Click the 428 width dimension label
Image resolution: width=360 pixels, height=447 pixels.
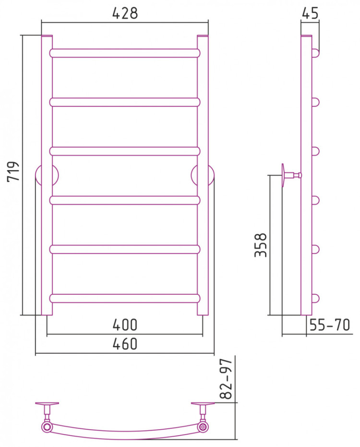(x=125, y=13)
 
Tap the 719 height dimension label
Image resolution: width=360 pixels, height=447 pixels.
(x=13, y=171)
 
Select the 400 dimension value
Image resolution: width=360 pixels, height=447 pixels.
(x=125, y=325)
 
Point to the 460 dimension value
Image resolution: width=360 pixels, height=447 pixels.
(x=125, y=344)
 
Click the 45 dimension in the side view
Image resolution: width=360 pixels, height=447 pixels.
(x=310, y=13)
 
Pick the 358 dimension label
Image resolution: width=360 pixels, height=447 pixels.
(x=261, y=245)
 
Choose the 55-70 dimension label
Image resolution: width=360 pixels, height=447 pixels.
(x=329, y=325)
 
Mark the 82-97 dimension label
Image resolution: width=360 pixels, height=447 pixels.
(x=227, y=379)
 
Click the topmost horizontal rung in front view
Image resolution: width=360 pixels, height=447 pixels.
(x=125, y=53)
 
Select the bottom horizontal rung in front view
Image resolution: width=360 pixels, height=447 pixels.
(x=125, y=298)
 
